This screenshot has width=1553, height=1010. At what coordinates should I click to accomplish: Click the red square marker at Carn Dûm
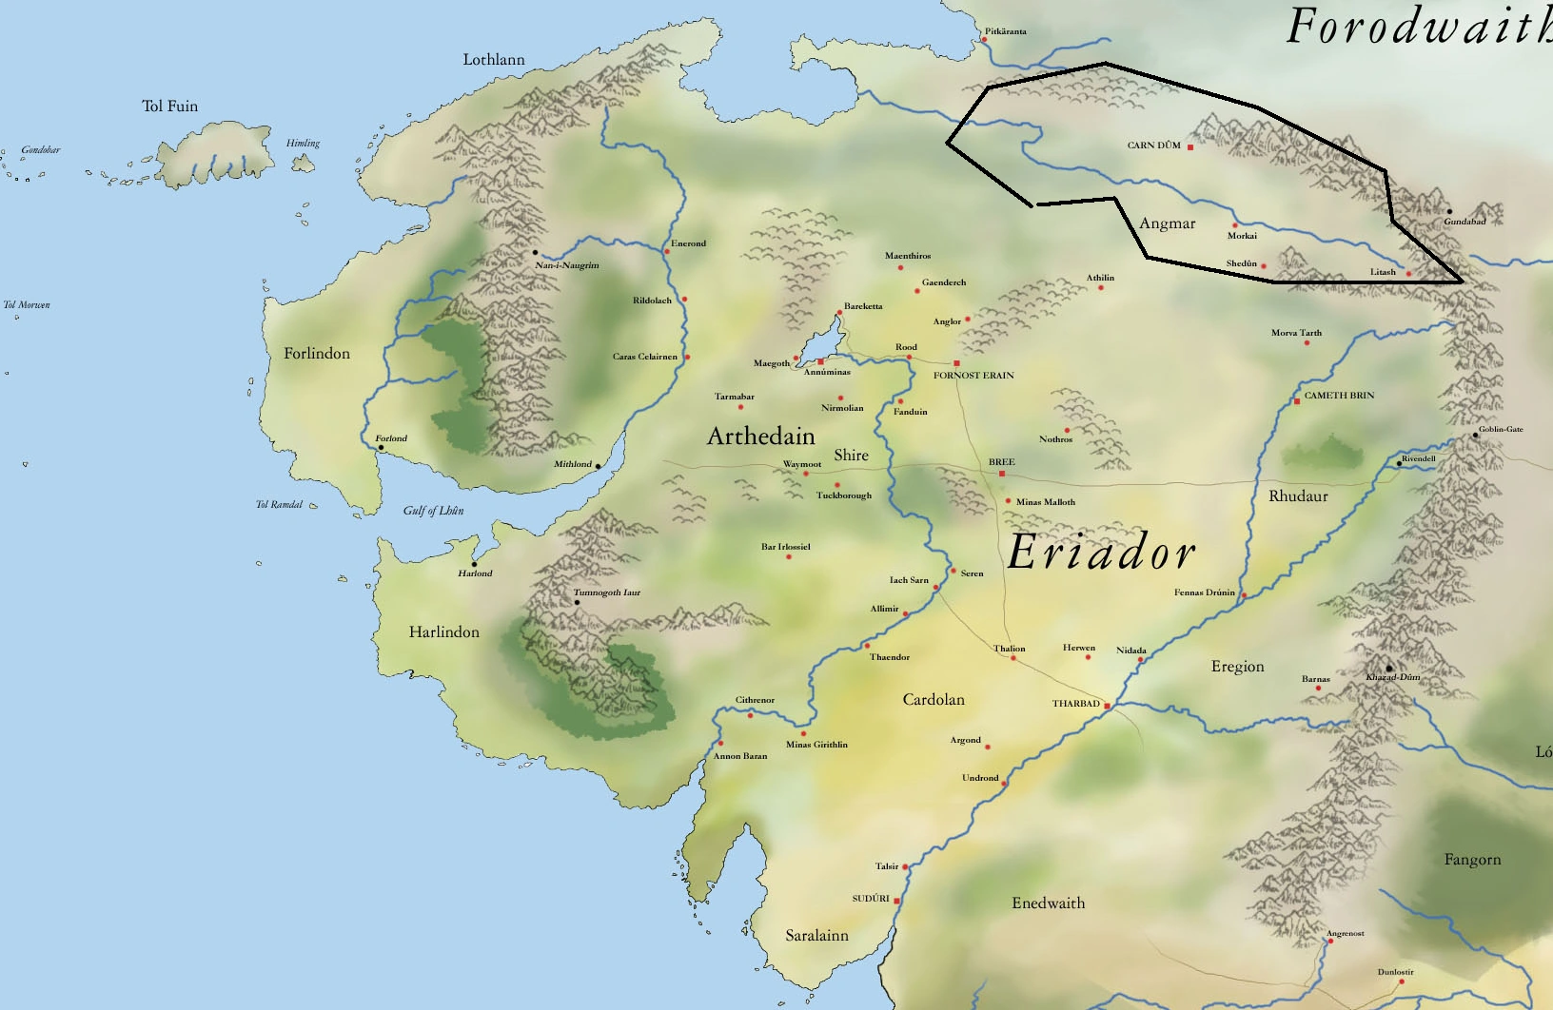[1190, 147]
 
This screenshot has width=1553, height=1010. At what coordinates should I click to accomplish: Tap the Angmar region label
[1167, 223]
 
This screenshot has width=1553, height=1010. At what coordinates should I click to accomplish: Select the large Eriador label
[1101, 553]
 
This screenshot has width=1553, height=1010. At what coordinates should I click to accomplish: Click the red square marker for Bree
[1002, 473]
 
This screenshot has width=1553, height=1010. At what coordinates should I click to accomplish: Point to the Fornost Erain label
[973, 376]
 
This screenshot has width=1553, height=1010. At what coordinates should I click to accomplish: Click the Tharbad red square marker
[1107, 705]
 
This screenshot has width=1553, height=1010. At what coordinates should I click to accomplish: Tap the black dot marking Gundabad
[1449, 211]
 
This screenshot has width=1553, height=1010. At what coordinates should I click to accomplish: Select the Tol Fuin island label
[170, 107]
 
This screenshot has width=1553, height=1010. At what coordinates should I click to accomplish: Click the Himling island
[303, 163]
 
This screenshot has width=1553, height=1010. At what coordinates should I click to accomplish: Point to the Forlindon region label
[317, 354]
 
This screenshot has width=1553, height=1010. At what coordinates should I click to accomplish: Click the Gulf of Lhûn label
[433, 511]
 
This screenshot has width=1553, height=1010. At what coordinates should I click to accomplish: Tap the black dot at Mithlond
[598, 466]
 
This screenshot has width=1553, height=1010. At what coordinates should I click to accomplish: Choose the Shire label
[851, 456]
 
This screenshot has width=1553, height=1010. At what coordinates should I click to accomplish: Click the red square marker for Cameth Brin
[1296, 401]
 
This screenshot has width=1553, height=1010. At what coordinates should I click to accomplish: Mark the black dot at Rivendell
[1400, 463]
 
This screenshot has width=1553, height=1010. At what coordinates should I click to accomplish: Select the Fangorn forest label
[1472, 860]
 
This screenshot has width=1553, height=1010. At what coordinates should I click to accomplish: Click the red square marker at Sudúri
[896, 901]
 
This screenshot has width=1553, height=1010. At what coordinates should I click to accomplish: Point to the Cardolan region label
[934, 700]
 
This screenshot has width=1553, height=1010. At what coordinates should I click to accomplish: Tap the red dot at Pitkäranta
[983, 40]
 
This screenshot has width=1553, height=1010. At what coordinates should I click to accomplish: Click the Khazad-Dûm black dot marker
[1389, 668]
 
